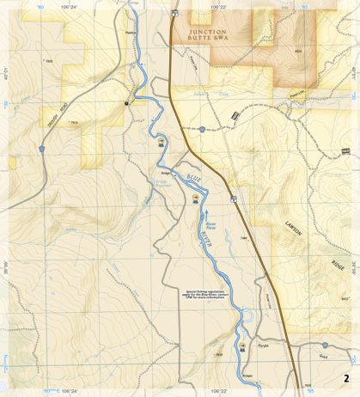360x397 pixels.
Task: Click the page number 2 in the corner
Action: [345, 378]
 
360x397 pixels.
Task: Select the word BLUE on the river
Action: [174, 179]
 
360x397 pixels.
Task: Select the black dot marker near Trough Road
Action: [127, 102]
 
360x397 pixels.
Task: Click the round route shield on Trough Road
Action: [40, 149]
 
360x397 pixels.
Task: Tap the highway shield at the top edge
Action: [174, 13]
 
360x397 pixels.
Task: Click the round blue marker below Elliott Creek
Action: [201, 129]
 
